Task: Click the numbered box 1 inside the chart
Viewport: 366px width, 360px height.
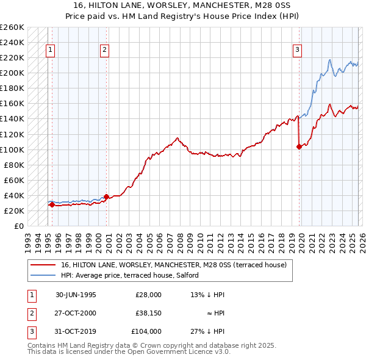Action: [x=49, y=51]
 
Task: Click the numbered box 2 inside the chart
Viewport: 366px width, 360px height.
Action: [x=104, y=51]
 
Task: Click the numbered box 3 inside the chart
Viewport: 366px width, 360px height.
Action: [x=297, y=51]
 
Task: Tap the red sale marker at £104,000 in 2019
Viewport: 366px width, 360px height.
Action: [x=299, y=146]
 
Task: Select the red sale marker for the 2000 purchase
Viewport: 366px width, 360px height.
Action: [x=106, y=196]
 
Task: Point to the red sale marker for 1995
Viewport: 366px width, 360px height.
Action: [x=52, y=204]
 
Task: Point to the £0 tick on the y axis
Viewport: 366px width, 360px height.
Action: [x=18, y=226]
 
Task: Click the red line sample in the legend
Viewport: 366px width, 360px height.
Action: [x=43, y=265]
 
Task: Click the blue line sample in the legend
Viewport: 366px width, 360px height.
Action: [x=43, y=275]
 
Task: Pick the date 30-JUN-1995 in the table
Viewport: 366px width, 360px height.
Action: [x=76, y=295]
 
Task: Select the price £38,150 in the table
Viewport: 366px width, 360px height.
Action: [x=148, y=313]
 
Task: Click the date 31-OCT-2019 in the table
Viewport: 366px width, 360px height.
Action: [x=76, y=331]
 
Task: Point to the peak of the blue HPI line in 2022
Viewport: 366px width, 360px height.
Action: [x=329, y=60]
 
